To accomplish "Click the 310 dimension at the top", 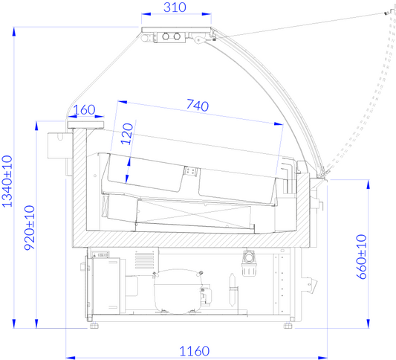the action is point(175,7).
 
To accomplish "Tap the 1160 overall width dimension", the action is point(195,351).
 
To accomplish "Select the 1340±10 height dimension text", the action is point(7,181).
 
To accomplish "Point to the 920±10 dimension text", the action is point(30,228).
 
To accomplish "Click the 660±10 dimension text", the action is point(361,257).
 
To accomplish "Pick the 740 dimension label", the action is point(198,105).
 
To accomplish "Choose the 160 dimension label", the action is point(84,110).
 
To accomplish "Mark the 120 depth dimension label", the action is point(127,134).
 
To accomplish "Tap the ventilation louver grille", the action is point(144,260).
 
